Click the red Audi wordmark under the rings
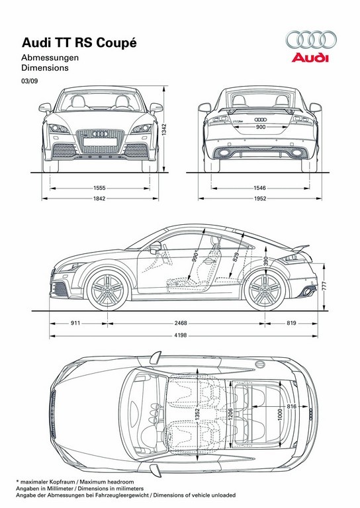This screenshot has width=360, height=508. pyautogui.click(x=310, y=58)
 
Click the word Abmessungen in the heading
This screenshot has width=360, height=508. pyautogui.click(x=50, y=58)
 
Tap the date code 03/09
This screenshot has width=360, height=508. pyautogui.click(x=30, y=81)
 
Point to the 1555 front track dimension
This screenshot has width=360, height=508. pyautogui.click(x=99, y=188)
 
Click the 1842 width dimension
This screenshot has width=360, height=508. pyautogui.click(x=99, y=198)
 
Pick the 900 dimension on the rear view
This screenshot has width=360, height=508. pyautogui.click(x=261, y=127)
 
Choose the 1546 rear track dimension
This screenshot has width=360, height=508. pyautogui.click(x=259, y=188)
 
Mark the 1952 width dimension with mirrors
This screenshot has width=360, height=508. pyautogui.click(x=259, y=198)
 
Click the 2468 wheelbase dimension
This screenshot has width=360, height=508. pyautogui.click(x=181, y=323)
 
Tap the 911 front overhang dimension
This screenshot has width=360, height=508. pyautogui.click(x=75, y=323)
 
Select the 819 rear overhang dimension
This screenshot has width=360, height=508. pyautogui.click(x=291, y=323)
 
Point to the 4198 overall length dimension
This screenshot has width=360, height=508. pyautogui.click(x=181, y=335)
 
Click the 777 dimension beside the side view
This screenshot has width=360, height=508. pyautogui.click(x=324, y=286)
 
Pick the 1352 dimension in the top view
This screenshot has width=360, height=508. pyautogui.click(x=197, y=414)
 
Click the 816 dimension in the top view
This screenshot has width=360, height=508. pyautogui.click(x=292, y=406)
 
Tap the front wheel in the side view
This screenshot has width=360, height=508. pyautogui.click(x=108, y=290)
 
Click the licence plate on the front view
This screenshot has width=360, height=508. pyautogui.click(x=100, y=142)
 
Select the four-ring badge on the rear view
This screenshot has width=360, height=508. pyautogui.click(x=261, y=120)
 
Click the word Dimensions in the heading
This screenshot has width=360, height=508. pyautogui.click(x=45, y=67)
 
